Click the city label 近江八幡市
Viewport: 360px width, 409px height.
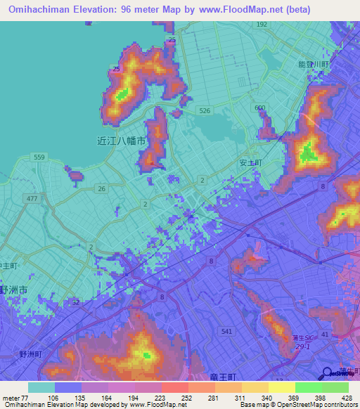click(x=120, y=140)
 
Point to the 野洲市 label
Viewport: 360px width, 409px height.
click(x=13, y=290)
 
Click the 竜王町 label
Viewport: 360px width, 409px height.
click(x=223, y=377)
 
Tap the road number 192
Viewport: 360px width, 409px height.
click(x=262, y=25)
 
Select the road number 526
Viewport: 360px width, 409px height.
click(x=205, y=111)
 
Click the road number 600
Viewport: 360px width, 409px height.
click(x=260, y=108)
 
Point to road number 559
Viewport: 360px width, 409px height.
click(x=39, y=157)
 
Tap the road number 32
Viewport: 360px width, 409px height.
click(x=75, y=302)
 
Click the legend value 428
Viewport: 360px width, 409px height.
click(x=345, y=397)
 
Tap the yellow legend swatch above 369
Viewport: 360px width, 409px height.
click(x=281, y=387)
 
